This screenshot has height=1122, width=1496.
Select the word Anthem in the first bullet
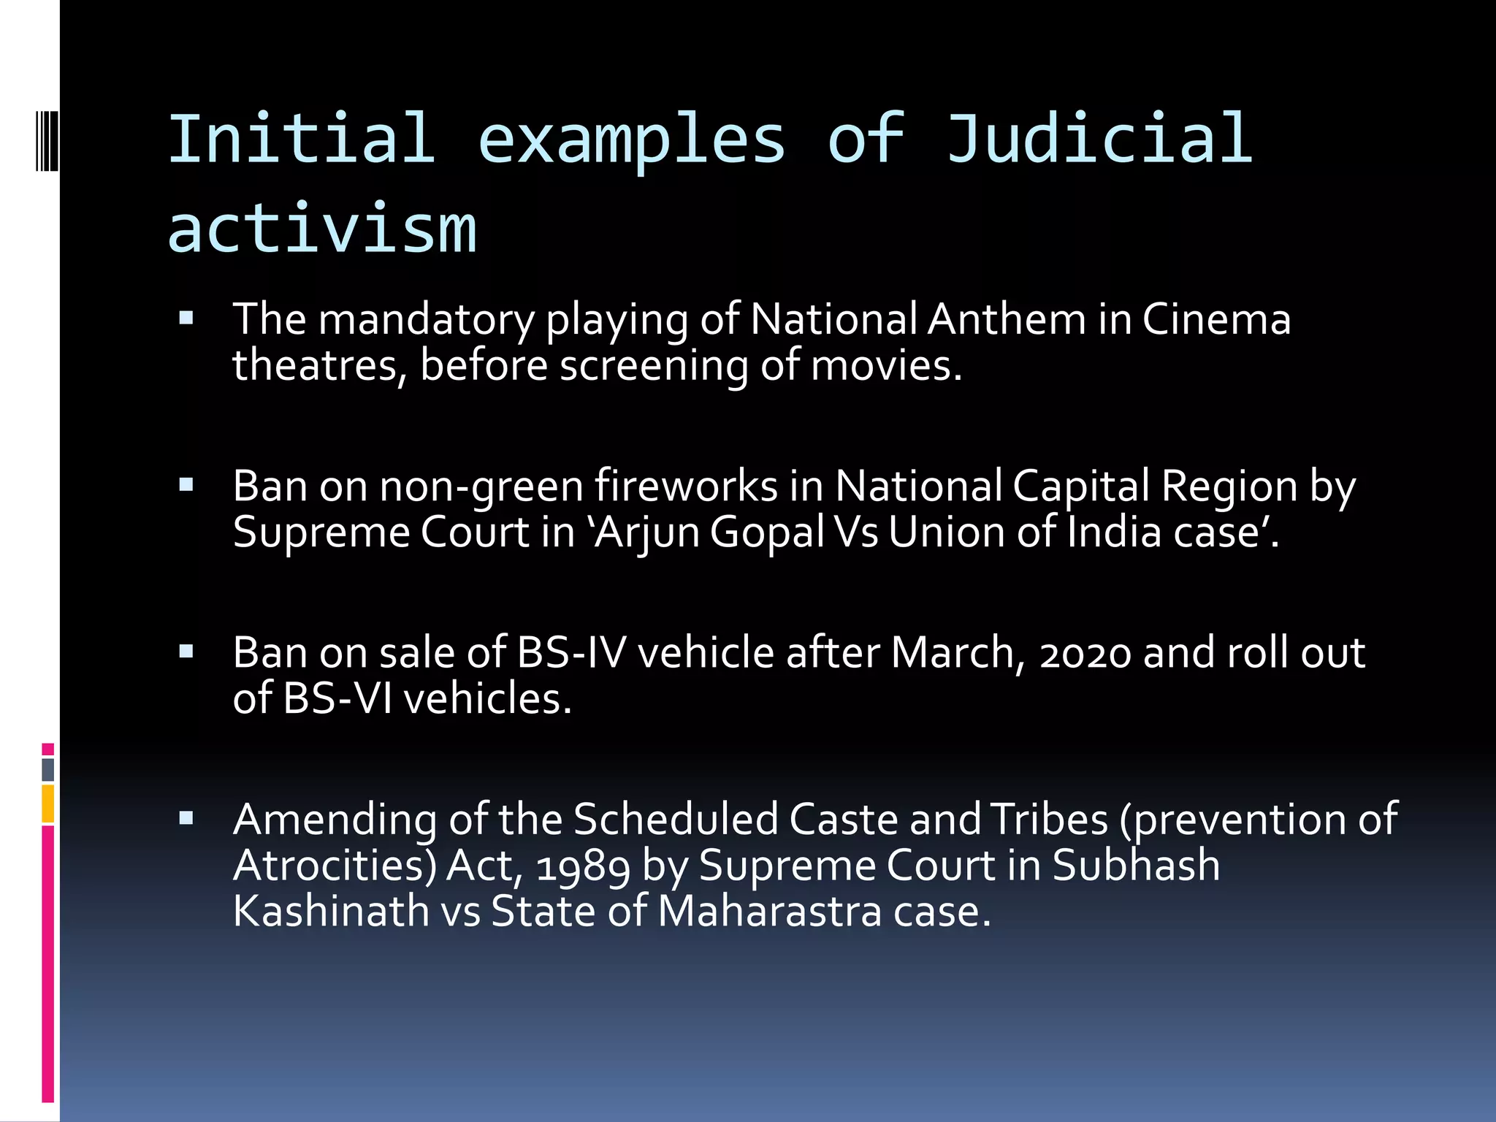[1007, 320]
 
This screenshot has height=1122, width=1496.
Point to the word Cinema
[1216, 320]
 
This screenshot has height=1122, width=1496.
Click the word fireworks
[686, 486]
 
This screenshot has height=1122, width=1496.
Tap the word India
[1114, 531]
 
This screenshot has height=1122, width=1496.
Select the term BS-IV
[571, 652]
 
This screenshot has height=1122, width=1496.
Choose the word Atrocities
[334, 866]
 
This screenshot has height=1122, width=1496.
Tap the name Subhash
[1136, 866]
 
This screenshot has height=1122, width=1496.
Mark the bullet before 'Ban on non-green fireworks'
[186, 484]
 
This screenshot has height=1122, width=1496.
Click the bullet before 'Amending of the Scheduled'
[186, 817]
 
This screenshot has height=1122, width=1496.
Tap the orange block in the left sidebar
[48, 804]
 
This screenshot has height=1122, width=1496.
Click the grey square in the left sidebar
[48, 769]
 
